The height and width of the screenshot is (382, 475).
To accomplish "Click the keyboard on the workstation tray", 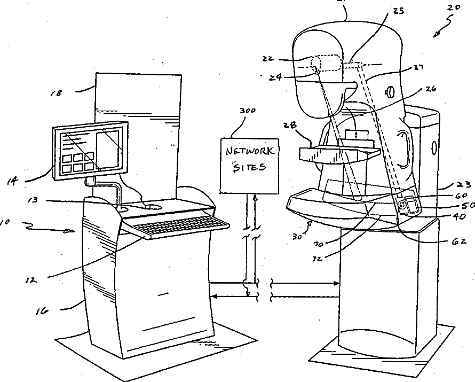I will pyautogui.click(x=179, y=226).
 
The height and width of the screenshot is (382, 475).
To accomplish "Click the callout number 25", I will pyautogui.click(x=398, y=11).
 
